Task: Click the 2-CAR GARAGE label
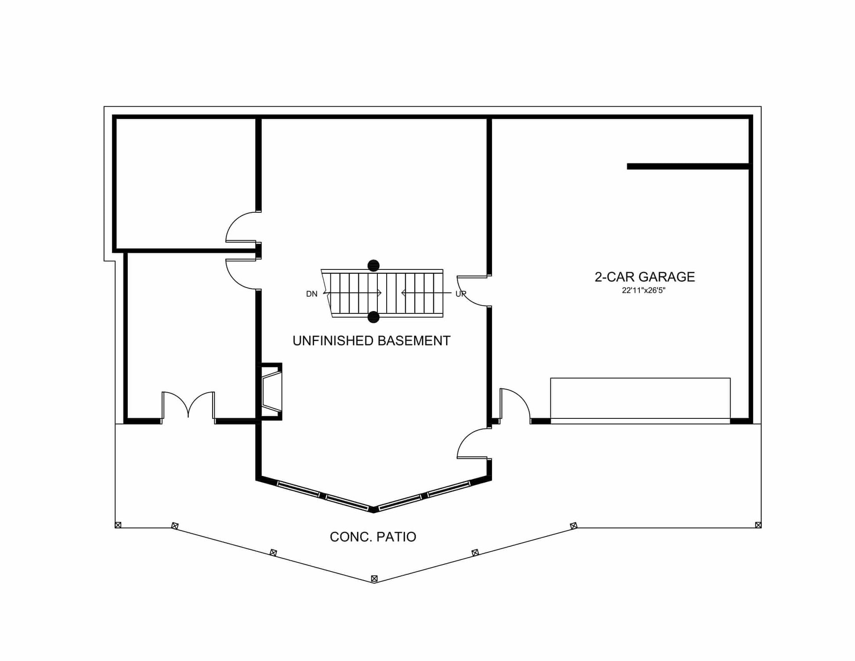[x=645, y=277]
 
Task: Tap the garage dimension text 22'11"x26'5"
[x=644, y=291]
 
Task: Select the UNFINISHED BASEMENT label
[x=371, y=341]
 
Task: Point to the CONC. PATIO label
[x=373, y=537]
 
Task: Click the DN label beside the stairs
[x=312, y=294]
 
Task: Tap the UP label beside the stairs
[x=460, y=294]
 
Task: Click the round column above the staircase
[x=373, y=265]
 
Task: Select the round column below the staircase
[x=373, y=317]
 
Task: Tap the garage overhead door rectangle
[x=640, y=400]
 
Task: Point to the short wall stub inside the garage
[x=688, y=167]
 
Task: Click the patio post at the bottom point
[x=374, y=579]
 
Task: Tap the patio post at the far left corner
[x=118, y=525]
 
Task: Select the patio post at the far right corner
[x=758, y=525]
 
